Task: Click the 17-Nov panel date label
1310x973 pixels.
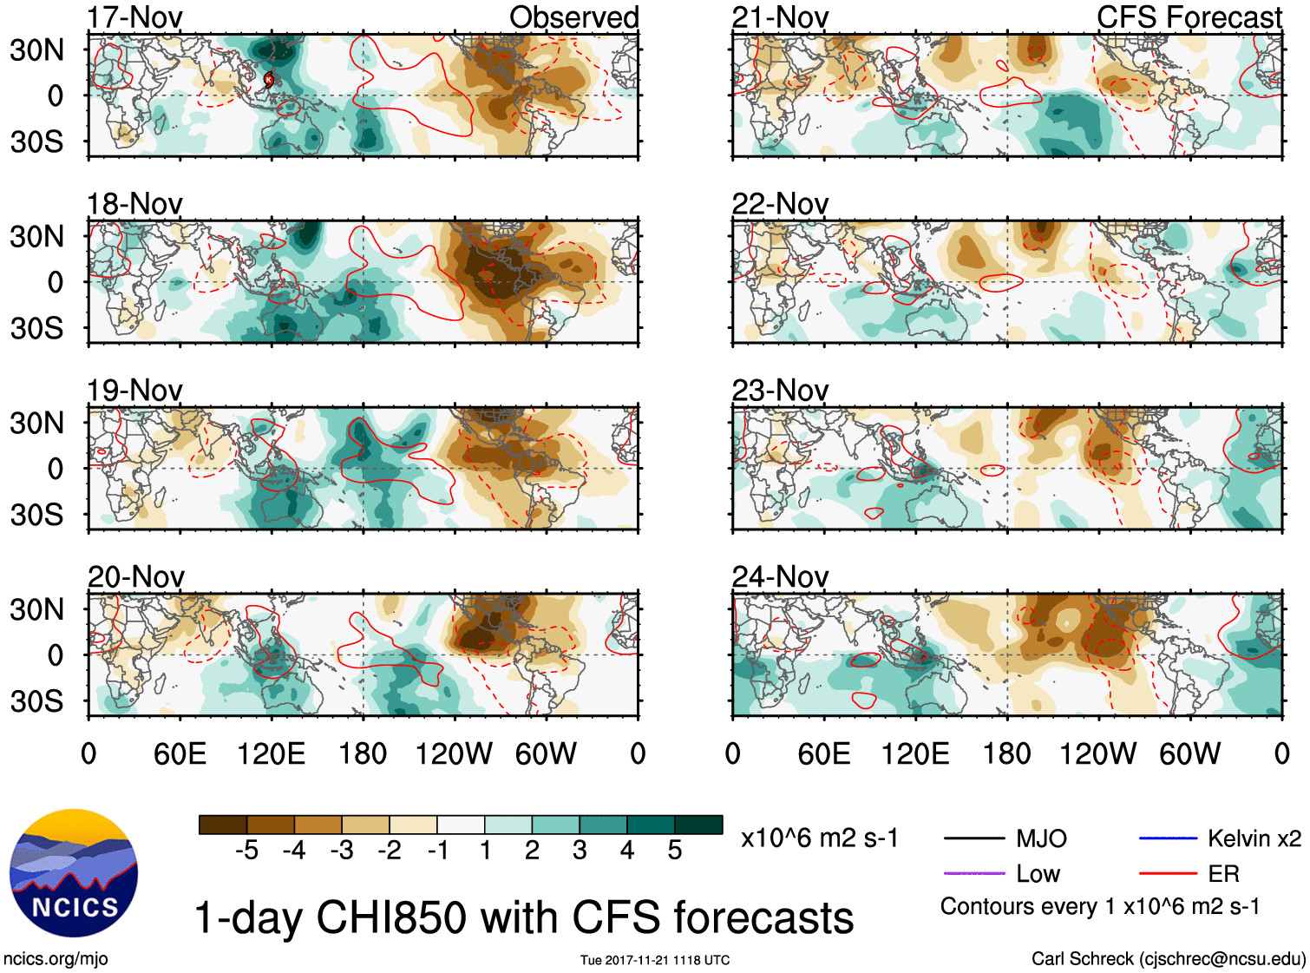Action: coord(134,17)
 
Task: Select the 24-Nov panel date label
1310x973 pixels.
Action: coord(780,576)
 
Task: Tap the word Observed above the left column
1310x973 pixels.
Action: coord(573,17)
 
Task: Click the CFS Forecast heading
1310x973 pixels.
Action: coord(1189,17)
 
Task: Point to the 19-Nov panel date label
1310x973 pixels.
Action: coord(134,391)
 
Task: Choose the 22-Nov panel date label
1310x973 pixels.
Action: coord(780,204)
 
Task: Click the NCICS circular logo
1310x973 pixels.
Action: coord(74,873)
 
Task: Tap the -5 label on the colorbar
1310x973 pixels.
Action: coord(246,851)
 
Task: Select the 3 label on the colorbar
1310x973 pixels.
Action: coord(580,851)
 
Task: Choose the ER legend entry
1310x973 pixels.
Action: coord(1223,873)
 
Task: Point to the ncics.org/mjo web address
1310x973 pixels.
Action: coord(56,958)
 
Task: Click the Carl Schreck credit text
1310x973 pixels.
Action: coord(1168,958)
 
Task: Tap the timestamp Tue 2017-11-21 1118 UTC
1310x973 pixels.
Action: coord(655,960)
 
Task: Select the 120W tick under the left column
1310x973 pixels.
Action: coord(454,753)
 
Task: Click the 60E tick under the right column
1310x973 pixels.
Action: coord(824,753)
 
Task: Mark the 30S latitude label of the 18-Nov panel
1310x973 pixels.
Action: coord(36,328)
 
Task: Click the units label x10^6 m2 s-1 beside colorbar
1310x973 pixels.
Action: coord(819,838)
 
